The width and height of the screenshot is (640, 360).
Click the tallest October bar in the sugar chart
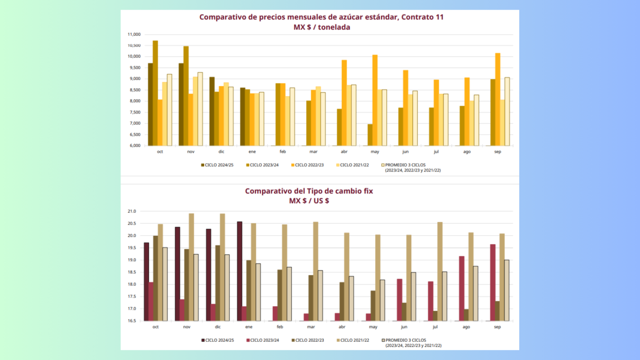point(155,93)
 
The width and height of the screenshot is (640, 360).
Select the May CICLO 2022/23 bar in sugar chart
point(375,100)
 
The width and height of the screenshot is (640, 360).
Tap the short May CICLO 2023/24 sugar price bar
point(370,135)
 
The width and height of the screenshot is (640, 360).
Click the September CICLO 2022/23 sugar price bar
point(498,100)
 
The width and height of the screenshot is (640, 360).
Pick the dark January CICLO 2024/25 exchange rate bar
point(240,271)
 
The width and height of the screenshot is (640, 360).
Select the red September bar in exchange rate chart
point(493,282)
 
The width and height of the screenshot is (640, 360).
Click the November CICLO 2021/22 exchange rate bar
point(191,267)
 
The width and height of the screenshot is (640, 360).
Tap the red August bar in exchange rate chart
point(462,289)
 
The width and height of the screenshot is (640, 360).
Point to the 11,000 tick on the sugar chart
point(134,34)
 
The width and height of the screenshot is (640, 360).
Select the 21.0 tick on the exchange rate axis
point(132,211)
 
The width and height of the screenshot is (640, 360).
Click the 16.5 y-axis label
point(132,320)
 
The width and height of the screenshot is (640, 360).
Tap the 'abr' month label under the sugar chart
point(344,151)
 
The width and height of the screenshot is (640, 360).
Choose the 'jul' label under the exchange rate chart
point(435,327)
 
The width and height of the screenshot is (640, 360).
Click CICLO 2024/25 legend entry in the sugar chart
point(217,165)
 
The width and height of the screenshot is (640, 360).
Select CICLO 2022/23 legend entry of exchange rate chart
point(308,340)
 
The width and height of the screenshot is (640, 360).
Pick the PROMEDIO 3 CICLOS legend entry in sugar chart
point(411,167)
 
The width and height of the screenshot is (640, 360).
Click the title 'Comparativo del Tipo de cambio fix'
point(309,191)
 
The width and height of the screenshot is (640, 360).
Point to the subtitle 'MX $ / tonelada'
point(322,27)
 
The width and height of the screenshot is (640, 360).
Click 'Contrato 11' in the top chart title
point(422,17)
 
